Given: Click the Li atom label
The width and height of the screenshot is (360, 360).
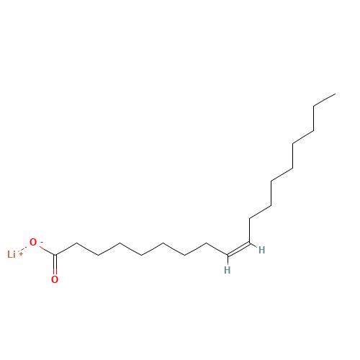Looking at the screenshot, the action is click(x=12, y=254).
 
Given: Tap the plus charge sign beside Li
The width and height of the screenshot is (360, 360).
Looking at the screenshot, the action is click(x=21, y=253).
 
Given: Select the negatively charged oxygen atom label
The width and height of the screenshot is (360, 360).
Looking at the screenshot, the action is click(x=33, y=242).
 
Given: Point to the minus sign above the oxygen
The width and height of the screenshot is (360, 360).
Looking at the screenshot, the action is click(x=41, y=243).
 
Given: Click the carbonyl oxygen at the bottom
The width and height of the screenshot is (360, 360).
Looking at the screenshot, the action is click(x=55, y=279).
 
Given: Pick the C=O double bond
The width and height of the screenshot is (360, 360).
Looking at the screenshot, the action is click(x=55, y=265).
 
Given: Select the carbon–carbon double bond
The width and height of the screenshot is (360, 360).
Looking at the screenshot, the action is click(x=238, y=249).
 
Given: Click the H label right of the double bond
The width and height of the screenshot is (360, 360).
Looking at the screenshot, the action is click(x=261, y=250).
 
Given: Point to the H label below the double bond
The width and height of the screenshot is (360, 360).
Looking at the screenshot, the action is click(x=227, y=270).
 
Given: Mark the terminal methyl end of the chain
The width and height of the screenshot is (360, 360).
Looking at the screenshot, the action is click(x=336, y=94).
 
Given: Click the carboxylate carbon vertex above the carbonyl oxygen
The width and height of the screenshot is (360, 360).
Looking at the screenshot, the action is click(x=55, y=255).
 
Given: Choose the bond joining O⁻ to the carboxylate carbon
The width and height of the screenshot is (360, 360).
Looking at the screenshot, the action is click(x=47, y=251).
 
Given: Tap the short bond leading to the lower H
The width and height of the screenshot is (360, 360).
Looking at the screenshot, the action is click(x=228, y=260).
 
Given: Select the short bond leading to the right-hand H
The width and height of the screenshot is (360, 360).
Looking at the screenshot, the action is click(x=253, y=246).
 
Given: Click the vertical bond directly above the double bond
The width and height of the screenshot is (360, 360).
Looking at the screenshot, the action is click(x=250, y=230).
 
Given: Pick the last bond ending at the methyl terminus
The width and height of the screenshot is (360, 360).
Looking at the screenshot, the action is click(x=325, y=100).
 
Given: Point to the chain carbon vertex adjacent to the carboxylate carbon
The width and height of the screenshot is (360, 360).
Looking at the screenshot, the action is click(x=76, y=243).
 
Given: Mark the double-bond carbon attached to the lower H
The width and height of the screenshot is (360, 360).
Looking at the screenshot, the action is click(x=228, y=255).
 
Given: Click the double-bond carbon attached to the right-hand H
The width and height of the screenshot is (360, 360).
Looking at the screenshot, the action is click(x=250, y=243).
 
